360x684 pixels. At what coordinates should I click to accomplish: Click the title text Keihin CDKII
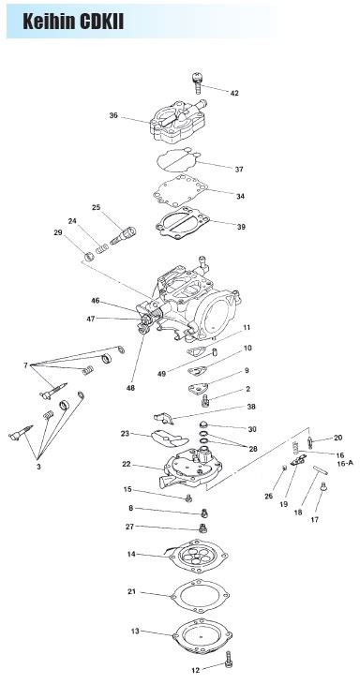point(73,20)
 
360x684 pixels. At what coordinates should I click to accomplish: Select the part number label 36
point(113,116)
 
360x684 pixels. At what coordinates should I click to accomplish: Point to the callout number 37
point(239,170)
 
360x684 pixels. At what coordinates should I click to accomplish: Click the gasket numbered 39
point(187,224)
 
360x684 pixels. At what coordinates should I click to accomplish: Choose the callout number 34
point(241,196)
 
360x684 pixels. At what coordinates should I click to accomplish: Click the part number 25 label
point(96,206)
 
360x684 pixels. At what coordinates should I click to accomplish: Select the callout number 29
point(58,231)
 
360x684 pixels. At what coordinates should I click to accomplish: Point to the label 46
point(96,301)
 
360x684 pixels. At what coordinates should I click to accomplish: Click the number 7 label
point(25,364)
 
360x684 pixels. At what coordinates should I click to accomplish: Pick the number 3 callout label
point(38,465)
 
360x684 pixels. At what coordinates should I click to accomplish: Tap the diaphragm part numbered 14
point(197,556)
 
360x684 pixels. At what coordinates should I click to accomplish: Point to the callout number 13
point(135,632)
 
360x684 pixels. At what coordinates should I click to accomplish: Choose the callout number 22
point(126,464)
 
